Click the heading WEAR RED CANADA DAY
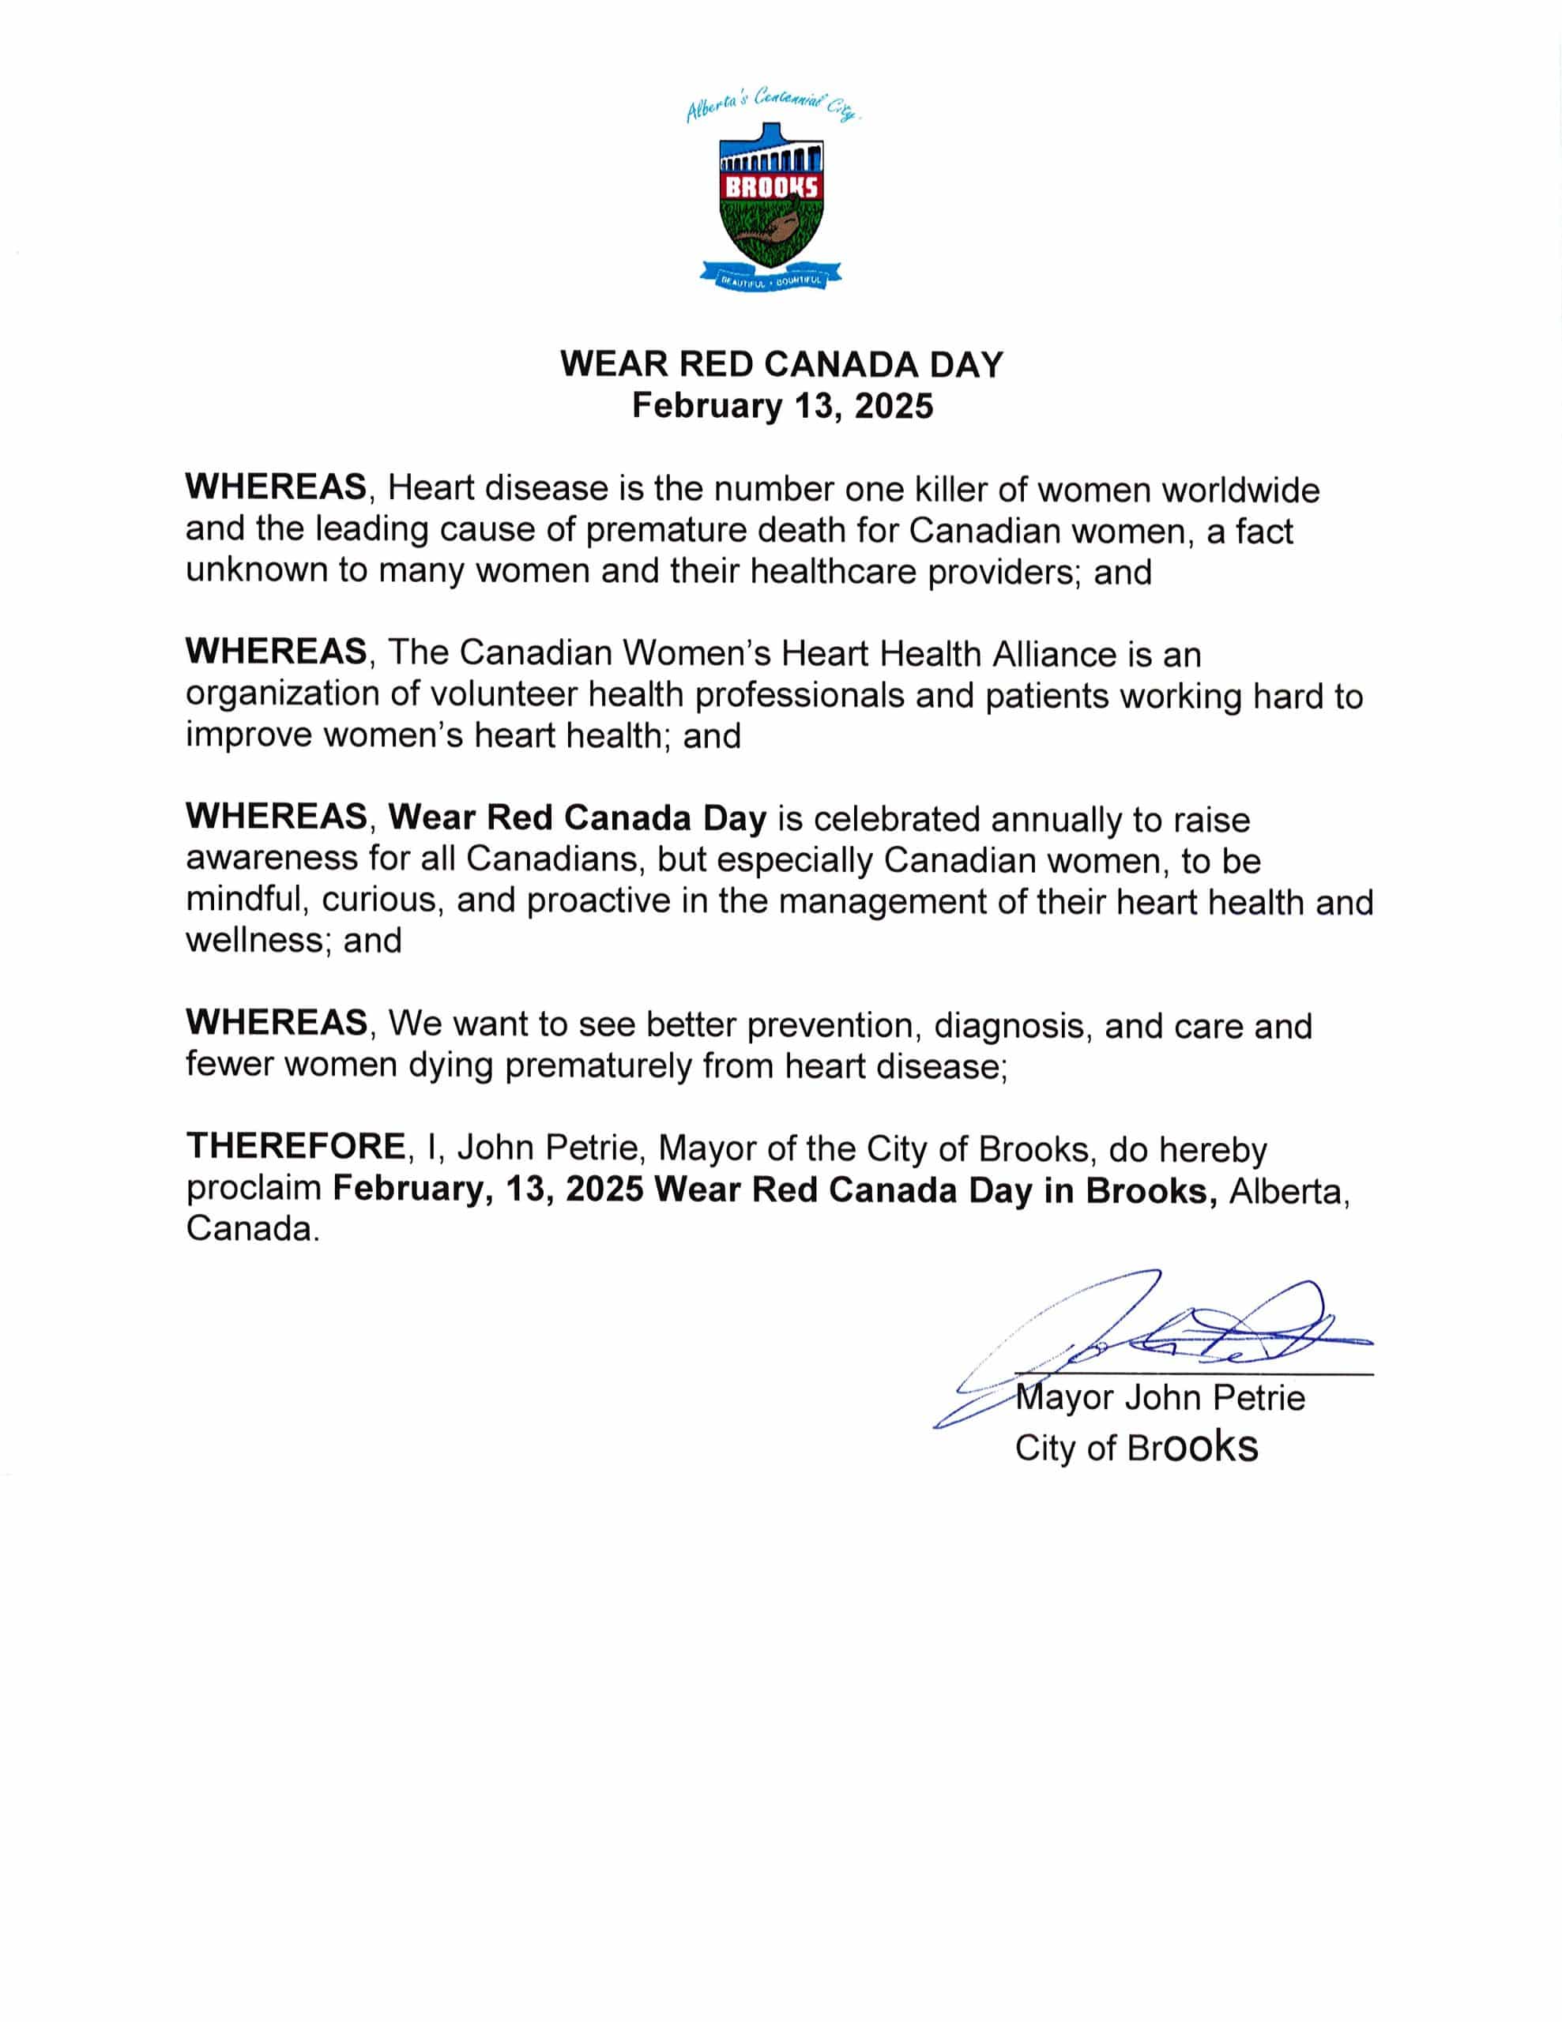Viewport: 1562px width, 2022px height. tap(781, 365)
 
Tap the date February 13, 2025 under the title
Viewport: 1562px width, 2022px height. tap(782, 407)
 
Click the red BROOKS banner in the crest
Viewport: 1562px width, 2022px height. tap(771, 187)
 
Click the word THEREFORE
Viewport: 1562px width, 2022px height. tap(295, 1146)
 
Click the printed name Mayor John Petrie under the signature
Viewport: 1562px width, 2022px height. tap(1159, 1398)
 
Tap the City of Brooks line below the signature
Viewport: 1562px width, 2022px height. tap(1136, 1447)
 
